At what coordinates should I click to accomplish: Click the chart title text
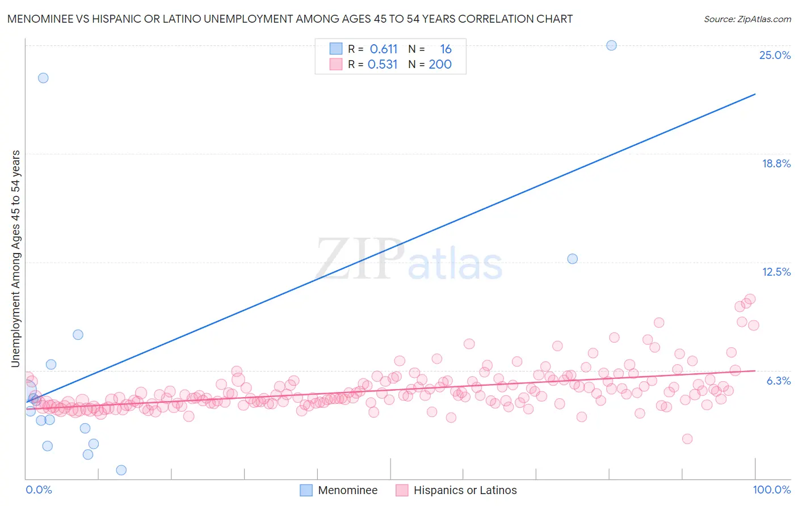289,19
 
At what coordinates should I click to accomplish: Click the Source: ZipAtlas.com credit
747,19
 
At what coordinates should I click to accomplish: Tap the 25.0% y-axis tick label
775,55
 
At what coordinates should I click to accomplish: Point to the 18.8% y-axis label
776,163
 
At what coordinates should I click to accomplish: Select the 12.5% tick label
776,272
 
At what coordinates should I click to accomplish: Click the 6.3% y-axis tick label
778,381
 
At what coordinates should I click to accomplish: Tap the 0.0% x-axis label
39,490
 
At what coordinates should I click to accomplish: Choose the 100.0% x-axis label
771,490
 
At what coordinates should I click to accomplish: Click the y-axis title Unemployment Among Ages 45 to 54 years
16,259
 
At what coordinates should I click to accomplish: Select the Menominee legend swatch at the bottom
306,490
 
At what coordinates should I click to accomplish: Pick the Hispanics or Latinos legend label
465,490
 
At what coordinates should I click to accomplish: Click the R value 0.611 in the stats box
384,49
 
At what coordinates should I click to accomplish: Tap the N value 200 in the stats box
440,64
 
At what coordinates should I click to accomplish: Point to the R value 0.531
383,64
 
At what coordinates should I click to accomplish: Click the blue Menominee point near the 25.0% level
611,45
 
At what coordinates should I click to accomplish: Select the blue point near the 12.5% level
572,259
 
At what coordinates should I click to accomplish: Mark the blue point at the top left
43,78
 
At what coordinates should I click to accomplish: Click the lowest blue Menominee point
121,470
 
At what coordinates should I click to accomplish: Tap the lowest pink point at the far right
687,438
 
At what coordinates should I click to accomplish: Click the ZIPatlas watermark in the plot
409,260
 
